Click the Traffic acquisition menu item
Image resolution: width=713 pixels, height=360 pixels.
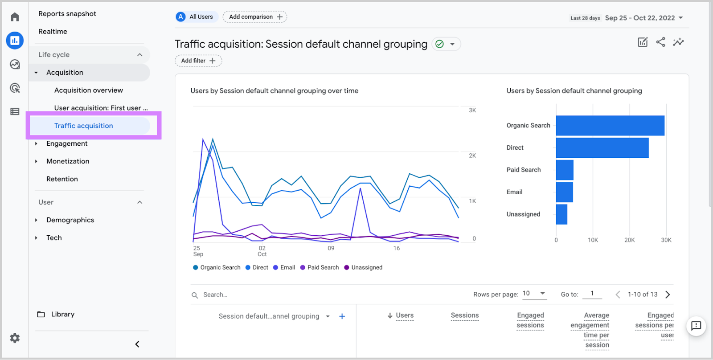pyautogui.click(x=83, y=126)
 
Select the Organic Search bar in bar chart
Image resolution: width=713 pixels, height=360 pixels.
pyautogui.click(x=610, y=126)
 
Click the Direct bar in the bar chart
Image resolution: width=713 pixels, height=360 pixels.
pyautogui.click(x=602, y=148)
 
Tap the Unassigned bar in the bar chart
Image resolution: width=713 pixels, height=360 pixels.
pyautogui.click(x=561, y=214)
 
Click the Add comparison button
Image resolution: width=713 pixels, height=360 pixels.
pyautogui.click(x=255, y=17)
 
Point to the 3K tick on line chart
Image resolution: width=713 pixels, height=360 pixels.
pyautogui.click(x=472, y=110)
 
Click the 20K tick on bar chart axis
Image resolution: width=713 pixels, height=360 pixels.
pyautogui.click(x=629, y=240)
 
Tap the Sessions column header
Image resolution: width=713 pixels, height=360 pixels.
pyautogui.click(x=464, y=315)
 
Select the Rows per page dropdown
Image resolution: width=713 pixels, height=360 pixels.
pyautogui.click(x=534, y=293)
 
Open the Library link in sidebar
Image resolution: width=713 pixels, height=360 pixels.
pyautogui.click(x=62, y=314)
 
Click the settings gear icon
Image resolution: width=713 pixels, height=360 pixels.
pyautogui.click(x=15, y=338)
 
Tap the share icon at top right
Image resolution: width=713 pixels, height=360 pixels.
pyautogui.click(x=660, y=42)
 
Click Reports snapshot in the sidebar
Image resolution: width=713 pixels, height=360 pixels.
pyautogui.click(x=67, y=14)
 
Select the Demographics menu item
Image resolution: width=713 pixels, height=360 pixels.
pyautogui.click(x=70, y=220)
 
